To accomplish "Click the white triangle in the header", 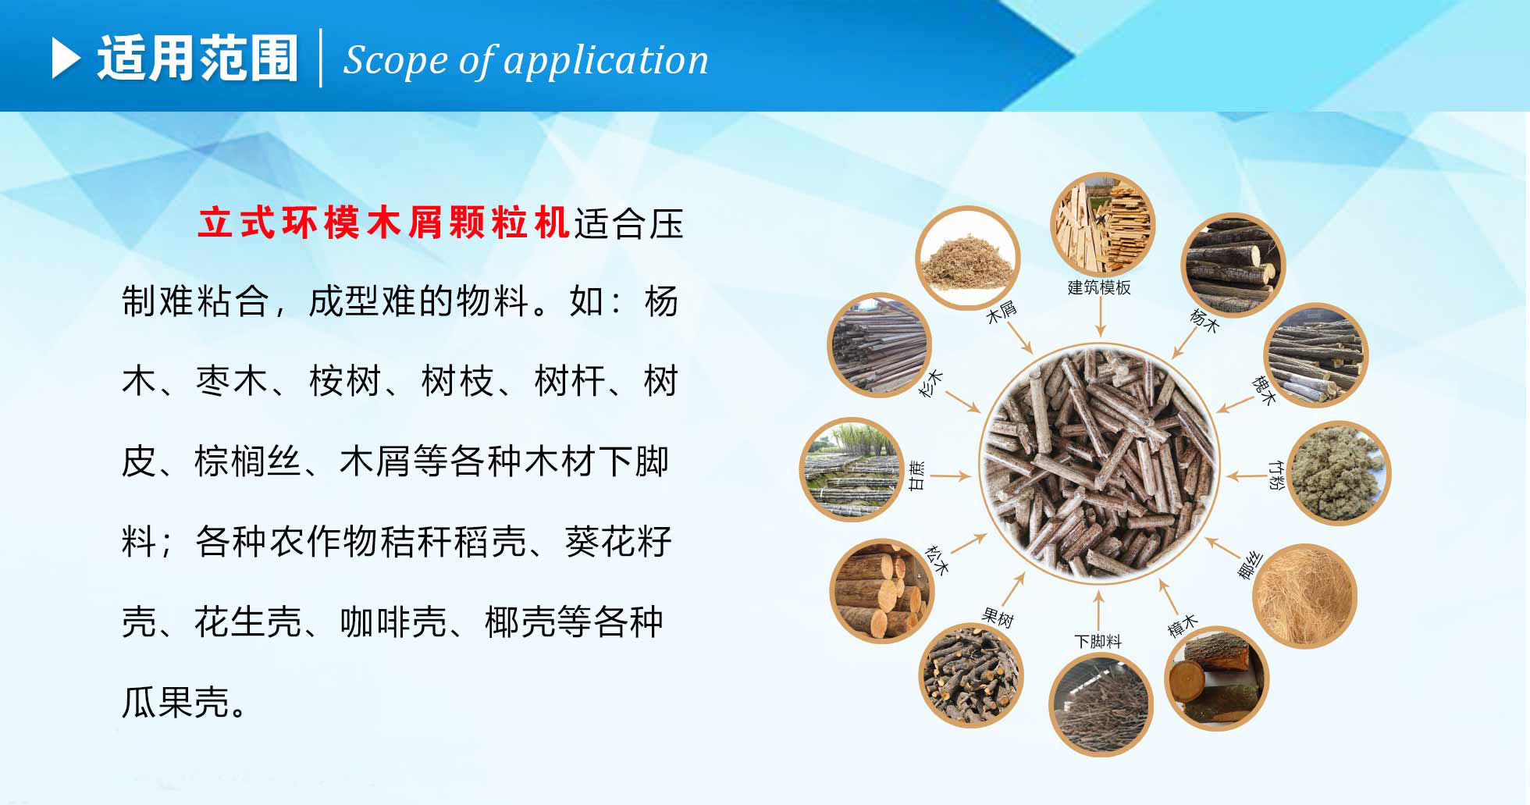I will [x=66, y=59].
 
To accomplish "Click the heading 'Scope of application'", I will [x=525, y=60].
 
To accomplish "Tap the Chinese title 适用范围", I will [x=197, y=59].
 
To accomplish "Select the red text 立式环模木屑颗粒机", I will [x=383, y=223].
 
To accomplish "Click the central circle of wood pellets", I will [x=1099, y=464].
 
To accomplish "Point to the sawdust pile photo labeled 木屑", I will [x=968, y=257].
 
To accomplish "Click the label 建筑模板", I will [x=1099, y=287].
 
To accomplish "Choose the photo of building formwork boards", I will [x=1101, y=223].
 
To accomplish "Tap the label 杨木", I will [x=1203, y=321].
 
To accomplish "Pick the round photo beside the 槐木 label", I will [x=1315, y=355].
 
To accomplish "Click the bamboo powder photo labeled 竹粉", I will [x=1338, y=472].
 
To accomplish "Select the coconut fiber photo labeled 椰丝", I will [x=1304, y=596].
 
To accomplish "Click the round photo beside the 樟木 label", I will [x=1216, y=679].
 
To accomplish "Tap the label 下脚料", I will [x=1098, y=641].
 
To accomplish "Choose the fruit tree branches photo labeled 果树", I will [x=971, y=675].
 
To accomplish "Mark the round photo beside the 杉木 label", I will [x=879, y=345].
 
